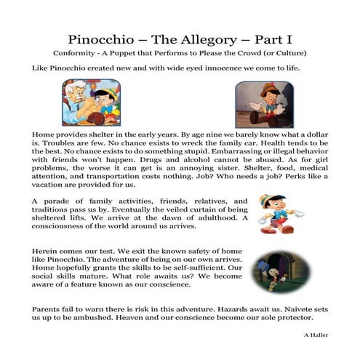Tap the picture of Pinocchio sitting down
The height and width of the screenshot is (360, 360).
click(263, 105)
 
